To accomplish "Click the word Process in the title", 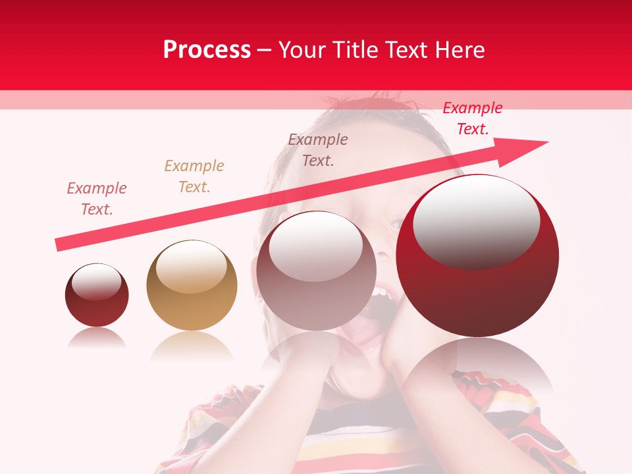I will coord(207,50).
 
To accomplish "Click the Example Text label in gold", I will coord(194,176).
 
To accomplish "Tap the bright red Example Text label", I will coord(472,118).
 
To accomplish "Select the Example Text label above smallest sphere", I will coord(97,199).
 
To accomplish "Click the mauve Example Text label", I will coord(318,149).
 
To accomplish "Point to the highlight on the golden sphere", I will coord(192,266).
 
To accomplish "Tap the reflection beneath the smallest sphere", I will coord(97,338).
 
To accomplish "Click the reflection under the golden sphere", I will coord(192,345).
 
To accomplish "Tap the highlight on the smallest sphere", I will coord(96,282).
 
